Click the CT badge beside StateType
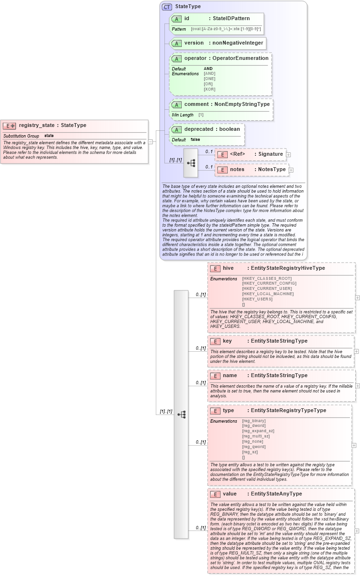click(x=167, y=7)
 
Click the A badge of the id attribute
click(x=176, y=19)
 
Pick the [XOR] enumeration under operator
click(x=209, y=89)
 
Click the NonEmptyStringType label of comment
click(x=242, y=104)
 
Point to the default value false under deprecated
click(x=196, y=139)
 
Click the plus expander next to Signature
click(x=289, y=154)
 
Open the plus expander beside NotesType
click(x=291, y=170)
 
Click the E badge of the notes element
click(x=222, y=170)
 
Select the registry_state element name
click(x=36, y=126)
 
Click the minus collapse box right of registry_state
click(x=151, y=142)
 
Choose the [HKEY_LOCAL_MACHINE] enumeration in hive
click(x=268, y=294)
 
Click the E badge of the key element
click(x=216, y=341)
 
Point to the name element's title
click(x=230, y=376)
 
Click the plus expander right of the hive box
click(x=357, y=298)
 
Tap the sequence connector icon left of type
click(x=181, y=415)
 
